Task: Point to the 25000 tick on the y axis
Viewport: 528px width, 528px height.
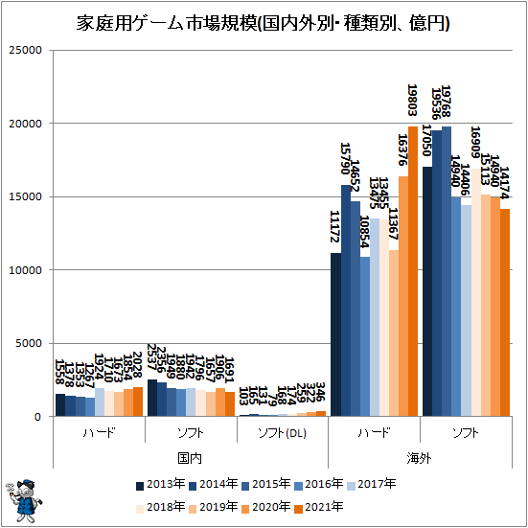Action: [x=25, y=51]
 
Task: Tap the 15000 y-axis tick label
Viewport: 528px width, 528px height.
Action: [x=25, y=197]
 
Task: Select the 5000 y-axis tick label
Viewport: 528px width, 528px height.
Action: [x=28, y=343]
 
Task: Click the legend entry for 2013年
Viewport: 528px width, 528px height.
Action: [x=159, y=485]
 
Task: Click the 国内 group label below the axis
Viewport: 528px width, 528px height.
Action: [x=190, y=459]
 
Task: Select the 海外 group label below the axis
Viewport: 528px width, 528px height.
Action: [x=420, y=459]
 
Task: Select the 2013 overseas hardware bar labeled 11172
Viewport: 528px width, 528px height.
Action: [x=335, y=334]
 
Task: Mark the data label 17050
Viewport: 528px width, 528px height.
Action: [x=427, y=144]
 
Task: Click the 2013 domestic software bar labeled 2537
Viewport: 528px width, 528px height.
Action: [x=151, y=398]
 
